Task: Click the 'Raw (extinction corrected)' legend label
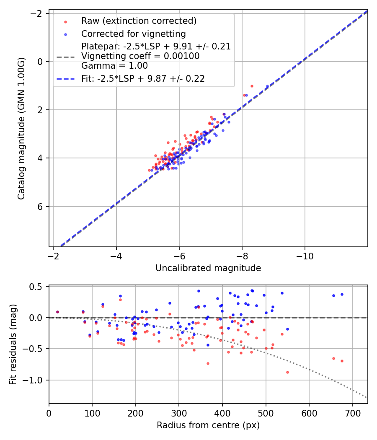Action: pyautogui.click(x=139, y=21)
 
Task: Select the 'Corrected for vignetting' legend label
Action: pyautogui.click(x=133, y=34)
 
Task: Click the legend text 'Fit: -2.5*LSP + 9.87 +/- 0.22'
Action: pyautogui.click(x=143, y=79)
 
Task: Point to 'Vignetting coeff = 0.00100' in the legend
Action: pyautogui.click(x=140, y=56)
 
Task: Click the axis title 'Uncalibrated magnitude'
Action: pyautogui.click(x=208, y=268)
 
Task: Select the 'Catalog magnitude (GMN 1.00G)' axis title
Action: pyautogui.click(x=22, y=129)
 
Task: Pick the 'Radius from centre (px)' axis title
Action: pyautogui.click(x=208, y=425)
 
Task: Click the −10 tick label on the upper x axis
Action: pyautogui.click(x=305, y=256)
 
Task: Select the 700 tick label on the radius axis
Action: pyautogui.click(x=352, y=413)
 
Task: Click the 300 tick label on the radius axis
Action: pyautogui.click(x=179, y=413)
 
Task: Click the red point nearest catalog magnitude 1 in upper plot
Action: pyautogui.click(x=252, y=86)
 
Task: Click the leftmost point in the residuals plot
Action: pyautogui.click(x=57, y=312)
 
